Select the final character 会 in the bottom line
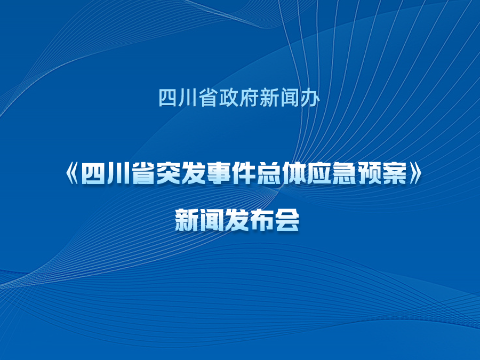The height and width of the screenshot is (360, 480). (x=287, y=220)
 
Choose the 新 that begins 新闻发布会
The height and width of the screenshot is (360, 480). (x=187, y=220)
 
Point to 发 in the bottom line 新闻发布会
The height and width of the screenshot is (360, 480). (x=237, y=220)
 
